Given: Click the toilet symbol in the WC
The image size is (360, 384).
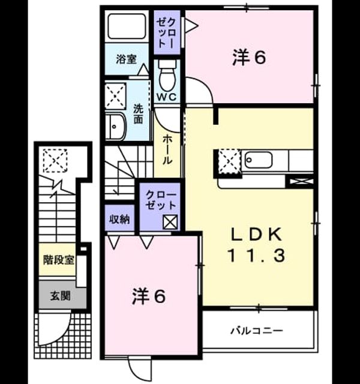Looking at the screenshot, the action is [167, 76].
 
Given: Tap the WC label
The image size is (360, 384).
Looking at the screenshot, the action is [167, 97].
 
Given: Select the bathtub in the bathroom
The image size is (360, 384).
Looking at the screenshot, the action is [127, 26].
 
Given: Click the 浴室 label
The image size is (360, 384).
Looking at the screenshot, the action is [126, 59].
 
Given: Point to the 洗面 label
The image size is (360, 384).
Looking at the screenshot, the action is [138, 114].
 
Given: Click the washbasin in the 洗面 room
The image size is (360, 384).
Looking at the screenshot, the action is [115, 127].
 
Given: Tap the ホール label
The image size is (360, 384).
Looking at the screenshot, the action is [167, 149].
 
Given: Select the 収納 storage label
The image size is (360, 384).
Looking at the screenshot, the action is [119, 219].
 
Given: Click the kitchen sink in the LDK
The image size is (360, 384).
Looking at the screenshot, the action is [259, 160].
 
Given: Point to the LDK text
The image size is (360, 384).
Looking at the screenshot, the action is [257, 235].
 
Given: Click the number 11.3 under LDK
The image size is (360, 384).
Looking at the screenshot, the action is [257, 255].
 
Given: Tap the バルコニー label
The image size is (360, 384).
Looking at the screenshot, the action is [257, 331].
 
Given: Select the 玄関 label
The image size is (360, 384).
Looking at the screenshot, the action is [60, 296].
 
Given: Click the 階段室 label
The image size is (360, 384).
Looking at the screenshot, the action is [59, 260].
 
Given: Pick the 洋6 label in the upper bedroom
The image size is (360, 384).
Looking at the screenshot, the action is [249, 58].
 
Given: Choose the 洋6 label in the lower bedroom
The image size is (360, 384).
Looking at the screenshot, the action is [149, 296].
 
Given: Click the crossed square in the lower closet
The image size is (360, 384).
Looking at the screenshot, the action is [170, 222].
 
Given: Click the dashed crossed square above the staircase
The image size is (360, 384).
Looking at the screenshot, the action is [55, 160].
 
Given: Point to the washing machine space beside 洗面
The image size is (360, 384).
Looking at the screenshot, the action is [115, 96].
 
